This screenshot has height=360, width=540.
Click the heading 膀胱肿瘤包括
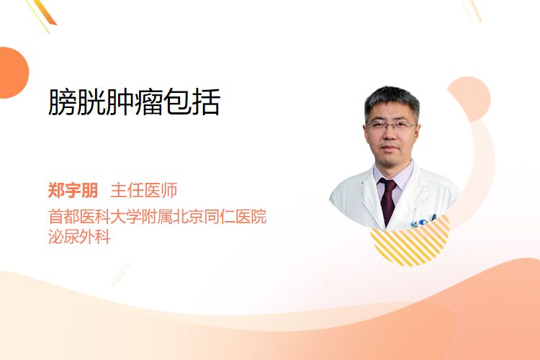point(134,102)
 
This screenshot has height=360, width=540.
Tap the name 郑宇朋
point(73,190)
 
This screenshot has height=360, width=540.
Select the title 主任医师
point(143,190)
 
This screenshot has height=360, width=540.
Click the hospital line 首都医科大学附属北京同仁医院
point(158,217)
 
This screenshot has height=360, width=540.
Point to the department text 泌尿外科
point(79,237)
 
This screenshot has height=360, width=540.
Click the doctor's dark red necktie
point(388,200)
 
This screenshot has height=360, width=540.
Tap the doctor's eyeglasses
point(391,125)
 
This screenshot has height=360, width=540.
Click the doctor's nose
point(390,135)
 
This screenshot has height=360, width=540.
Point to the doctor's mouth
point(390,147)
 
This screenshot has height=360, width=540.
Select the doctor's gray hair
point(392,100)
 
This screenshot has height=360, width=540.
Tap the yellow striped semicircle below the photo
point(410,243)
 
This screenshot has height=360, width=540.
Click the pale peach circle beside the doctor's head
point(469,99)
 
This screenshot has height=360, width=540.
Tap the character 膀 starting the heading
point(62,102)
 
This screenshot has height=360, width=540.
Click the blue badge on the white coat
point(422,221)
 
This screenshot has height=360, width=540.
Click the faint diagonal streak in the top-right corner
point(472,10)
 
